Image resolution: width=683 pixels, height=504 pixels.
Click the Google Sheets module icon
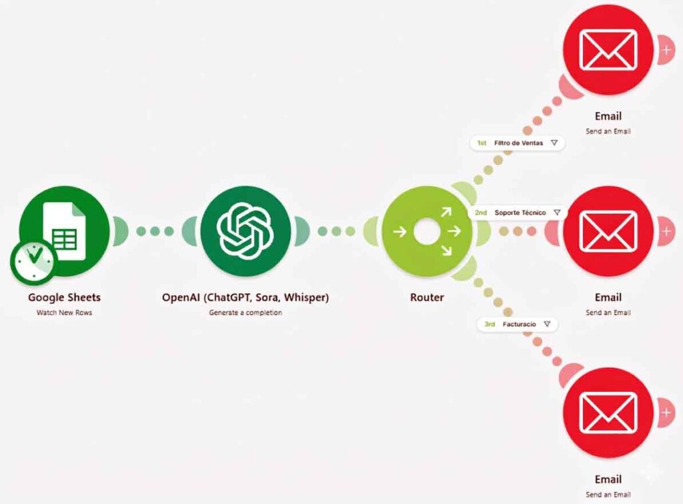point(65,231)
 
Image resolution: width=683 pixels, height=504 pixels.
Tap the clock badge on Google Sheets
point(33,262)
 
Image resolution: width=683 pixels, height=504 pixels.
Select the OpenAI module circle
point(245,231)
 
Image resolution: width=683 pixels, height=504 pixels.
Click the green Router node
point(427,231)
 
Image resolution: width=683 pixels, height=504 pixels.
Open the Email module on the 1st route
point(608,49)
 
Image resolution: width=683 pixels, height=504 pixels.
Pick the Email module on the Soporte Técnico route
point(608,231)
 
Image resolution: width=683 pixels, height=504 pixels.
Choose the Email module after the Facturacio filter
point(608,413)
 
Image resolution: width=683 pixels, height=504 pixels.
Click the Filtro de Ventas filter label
point(518,143)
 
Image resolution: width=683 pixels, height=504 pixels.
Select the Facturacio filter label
point(518,324)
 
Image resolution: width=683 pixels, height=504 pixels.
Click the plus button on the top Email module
point(666,49)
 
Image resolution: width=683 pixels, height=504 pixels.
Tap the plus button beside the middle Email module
point(666,231)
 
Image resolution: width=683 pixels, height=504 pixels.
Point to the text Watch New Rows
point(65,312)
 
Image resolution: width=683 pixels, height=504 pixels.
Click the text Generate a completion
point(245,312)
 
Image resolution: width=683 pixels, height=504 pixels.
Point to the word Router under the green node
point(427,297)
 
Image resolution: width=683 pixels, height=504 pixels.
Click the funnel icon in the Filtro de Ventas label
point(554,143)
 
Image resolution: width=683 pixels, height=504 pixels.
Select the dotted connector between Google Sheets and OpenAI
point(155,231)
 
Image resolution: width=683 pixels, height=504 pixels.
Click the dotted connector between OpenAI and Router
point(336,231)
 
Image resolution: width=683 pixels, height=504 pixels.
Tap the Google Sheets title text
point(65,297)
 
